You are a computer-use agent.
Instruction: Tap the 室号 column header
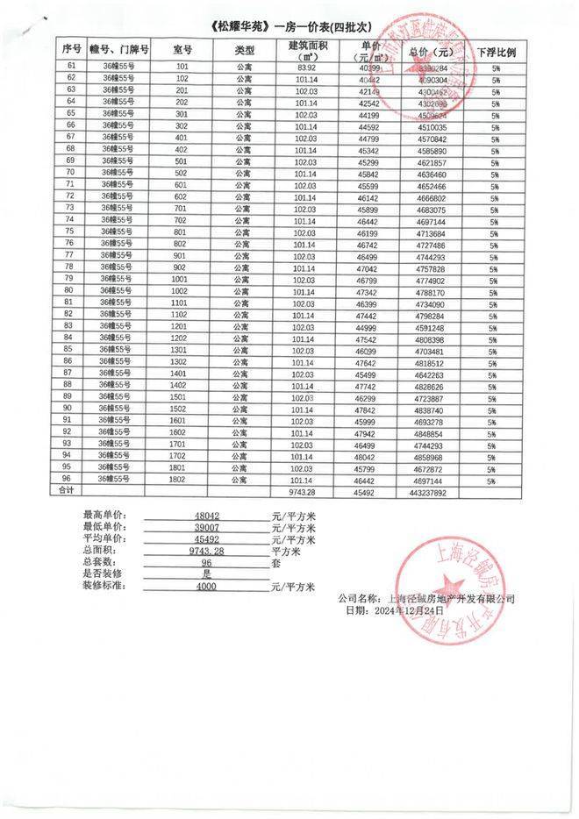[x=182, y=48]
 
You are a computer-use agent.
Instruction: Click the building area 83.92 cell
[x=306, y=67]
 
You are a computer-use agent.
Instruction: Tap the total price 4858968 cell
[x=432, y=457]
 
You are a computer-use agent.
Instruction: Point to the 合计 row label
[x=67, y=492]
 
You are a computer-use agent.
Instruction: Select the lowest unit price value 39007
[x=207, y=527]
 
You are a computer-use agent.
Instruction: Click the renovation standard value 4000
[x=207, y=584]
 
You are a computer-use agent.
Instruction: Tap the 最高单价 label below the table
[x=104, y=515]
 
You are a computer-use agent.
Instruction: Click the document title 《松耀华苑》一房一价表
[x=289, y=25]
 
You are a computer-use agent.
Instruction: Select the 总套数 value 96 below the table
[x=207, y=561]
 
